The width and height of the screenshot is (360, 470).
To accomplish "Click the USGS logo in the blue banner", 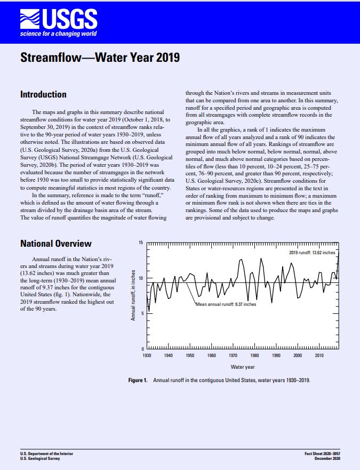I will [x=58, y=20].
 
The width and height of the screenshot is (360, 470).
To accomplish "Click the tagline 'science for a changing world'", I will [x=58, y=34].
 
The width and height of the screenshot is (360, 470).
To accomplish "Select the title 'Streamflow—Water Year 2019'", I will [x=100, y=58].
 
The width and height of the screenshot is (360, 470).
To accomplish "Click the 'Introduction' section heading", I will [x=43, y=94].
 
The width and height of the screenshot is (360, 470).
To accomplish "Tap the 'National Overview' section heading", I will [x=56, y=244].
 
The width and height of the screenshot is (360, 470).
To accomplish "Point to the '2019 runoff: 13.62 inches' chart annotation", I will [x=312, y=252].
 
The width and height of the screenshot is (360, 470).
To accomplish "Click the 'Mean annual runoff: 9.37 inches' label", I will [x=226, y=304].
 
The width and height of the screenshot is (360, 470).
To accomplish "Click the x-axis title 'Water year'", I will [x=243, y=367].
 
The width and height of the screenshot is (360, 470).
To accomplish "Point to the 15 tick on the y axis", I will [x=141, y=243].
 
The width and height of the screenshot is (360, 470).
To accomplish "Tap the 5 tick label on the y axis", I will [x=142, y=313].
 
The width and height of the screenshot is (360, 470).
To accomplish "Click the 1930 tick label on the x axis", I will [x=147, y=355].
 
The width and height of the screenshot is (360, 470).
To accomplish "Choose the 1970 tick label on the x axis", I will [x=233, y=355].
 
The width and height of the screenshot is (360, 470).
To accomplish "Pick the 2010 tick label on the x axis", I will [x=319, y=355].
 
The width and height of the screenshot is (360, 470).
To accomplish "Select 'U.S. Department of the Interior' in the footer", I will [x=46, y=453].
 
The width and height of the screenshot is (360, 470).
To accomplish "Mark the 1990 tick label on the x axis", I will [x=276, y=355].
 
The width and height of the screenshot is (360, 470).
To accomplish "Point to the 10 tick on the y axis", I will [x=141, y=278].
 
